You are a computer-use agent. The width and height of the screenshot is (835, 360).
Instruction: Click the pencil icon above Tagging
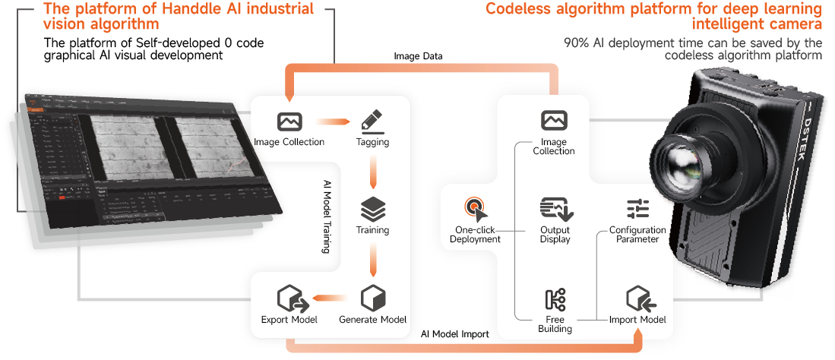[372, 121]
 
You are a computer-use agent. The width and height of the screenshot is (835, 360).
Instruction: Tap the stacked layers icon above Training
[372, 208]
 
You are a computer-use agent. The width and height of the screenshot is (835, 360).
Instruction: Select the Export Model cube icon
[289, 297]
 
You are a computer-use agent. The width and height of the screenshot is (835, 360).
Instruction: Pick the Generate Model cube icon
[372, 297]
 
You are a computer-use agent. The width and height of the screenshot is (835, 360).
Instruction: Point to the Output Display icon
[555, 208]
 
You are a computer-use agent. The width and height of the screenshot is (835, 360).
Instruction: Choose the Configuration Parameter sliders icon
[637, 208]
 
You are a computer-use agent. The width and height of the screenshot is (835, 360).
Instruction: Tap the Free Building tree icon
[554, 299]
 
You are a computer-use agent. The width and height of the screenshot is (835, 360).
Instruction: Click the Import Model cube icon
[637, 298]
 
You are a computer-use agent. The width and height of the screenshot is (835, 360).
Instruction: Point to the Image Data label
[418, 57]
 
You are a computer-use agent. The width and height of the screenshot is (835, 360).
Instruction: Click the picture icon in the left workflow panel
[289, 121]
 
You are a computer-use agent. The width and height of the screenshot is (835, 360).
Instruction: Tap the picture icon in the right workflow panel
[554, 120]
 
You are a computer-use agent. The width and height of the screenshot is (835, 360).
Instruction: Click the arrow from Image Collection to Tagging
[331, 121]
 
